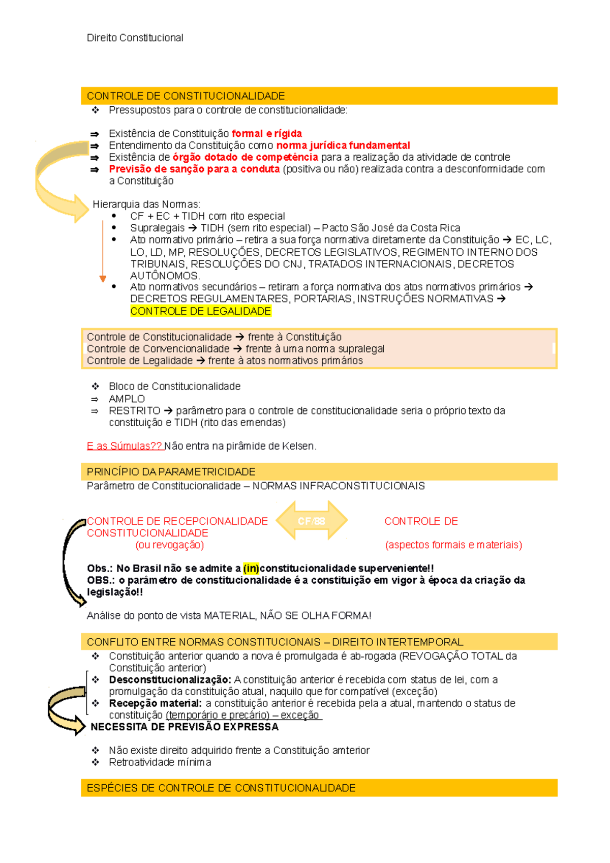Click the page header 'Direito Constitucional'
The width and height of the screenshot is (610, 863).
point(135,38)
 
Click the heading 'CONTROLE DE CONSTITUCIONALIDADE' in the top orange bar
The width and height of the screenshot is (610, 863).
point(186,96)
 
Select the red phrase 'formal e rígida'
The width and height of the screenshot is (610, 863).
point(266,134)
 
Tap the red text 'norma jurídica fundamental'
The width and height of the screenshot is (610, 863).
point(343,145)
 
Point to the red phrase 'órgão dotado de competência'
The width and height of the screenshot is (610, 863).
point(245,157)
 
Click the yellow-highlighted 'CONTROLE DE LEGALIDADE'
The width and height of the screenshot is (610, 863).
point(201,311)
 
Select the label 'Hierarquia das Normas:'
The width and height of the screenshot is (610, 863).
point(146,204)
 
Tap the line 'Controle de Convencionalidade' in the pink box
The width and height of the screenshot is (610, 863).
point(158,349)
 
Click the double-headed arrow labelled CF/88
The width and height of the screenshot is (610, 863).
point(312,521)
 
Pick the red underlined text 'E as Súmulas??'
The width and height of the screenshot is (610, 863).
point(124,446)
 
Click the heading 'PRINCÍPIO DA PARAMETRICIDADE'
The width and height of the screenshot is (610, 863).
point(171,472)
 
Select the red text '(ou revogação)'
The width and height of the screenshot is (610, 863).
point(169,545)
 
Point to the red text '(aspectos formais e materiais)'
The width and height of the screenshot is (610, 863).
point(453,545)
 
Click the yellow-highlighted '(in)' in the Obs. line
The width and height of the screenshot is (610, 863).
point(251,569)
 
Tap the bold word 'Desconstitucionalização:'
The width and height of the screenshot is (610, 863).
point(170,680)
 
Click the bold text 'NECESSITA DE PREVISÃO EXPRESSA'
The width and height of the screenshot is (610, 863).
point(185,727)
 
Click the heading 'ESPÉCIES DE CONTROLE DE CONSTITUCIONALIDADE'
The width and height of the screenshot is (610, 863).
point(221,788)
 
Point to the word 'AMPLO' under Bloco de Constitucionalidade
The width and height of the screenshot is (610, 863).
point(127,399)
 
